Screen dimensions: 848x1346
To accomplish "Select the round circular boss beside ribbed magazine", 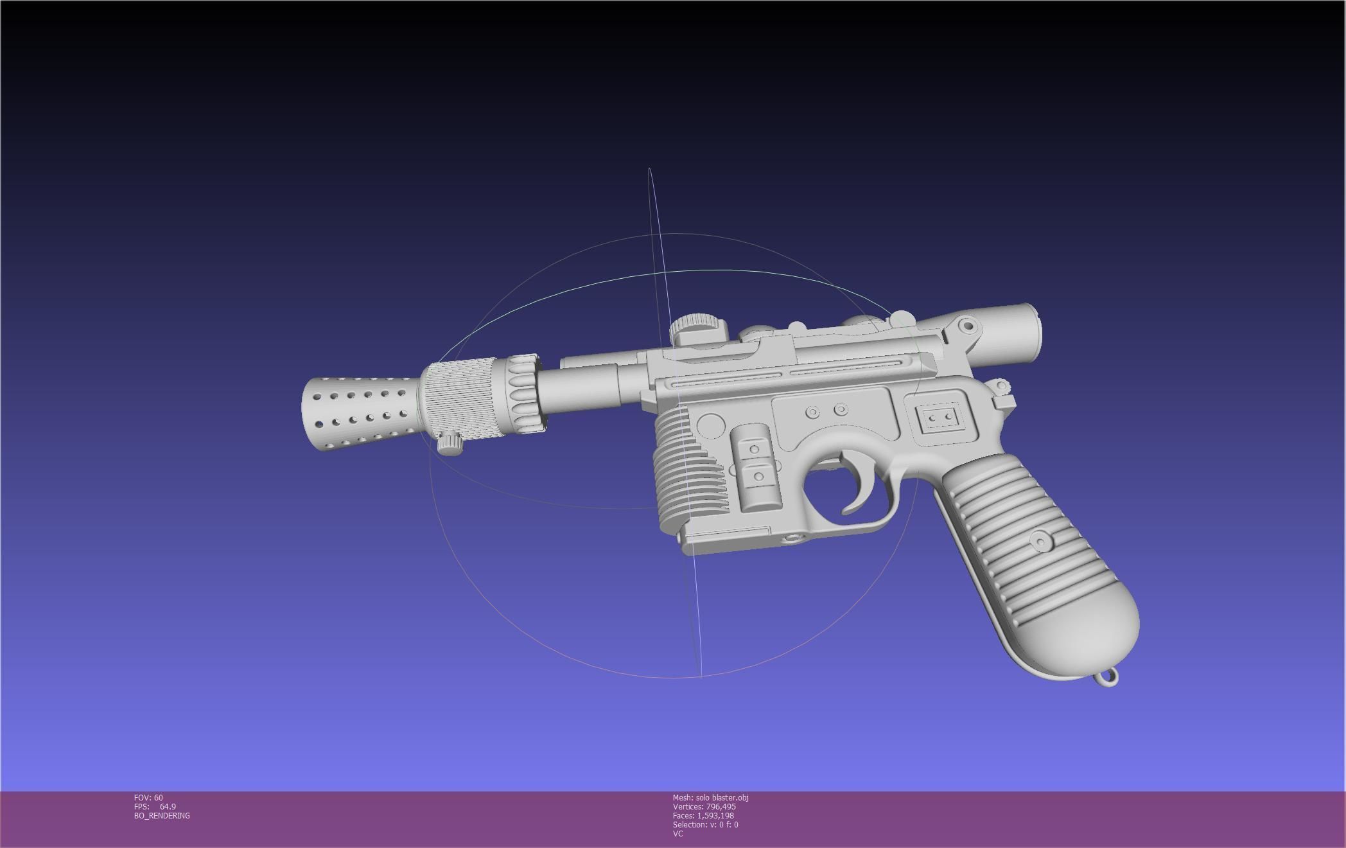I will coord(710,426).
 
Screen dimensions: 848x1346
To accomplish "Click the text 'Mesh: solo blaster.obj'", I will coord(710,797).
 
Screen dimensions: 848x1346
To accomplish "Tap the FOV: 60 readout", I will coord(148,797).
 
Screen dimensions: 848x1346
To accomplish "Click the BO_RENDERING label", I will coord(162,815).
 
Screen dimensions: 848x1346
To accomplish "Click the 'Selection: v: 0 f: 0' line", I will coord(705,824).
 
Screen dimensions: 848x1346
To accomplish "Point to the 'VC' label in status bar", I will coord(677,833).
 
